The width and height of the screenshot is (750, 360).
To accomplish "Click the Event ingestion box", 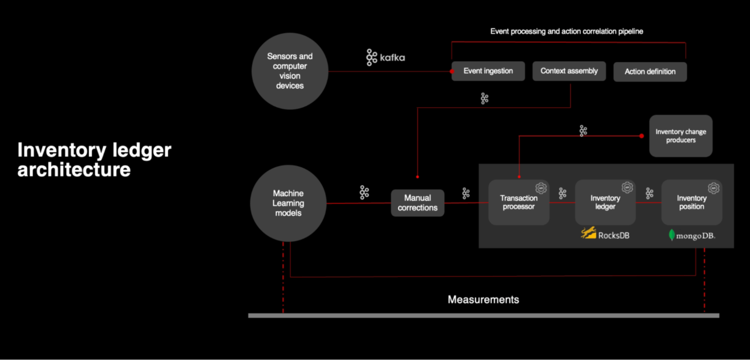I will (x=488, y=71).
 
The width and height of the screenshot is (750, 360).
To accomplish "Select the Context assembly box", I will (x=569, y=71).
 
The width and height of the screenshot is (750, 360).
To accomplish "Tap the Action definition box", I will (x=650, y=72).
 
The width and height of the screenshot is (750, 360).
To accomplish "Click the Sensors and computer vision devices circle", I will (x=290, y=71).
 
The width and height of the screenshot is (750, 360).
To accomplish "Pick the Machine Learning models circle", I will (x=288, y=203).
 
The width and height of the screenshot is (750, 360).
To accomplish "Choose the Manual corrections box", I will (x=418, y=203).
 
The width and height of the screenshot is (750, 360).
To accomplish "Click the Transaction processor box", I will (x=519, y=202).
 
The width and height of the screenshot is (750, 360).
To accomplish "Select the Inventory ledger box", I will (x=605, y=202).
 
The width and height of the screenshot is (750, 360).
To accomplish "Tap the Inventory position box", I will (x=692, y=202).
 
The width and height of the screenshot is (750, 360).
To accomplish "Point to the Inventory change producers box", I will (x=681, y=136).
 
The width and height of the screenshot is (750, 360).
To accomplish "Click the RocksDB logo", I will (x=605, y=234).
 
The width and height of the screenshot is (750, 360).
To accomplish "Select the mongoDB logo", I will (x=692, y=235).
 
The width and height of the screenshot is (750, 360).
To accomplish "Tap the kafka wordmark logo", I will (x=386, y=57).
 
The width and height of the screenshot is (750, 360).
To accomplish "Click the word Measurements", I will (x=483, y=299).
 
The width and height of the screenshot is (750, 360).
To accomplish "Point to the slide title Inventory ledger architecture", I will (x=94, y=160).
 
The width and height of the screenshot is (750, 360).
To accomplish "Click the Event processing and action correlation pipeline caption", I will (x=567, y=32).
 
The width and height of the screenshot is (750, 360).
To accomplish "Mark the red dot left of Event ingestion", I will (x=452, y=71).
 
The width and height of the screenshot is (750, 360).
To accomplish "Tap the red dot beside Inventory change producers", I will (x=642, y=136).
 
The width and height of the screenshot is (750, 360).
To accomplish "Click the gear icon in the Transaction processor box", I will (x=541, y=188).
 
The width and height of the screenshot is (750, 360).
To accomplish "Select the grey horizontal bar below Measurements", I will (x=483, y=316).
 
